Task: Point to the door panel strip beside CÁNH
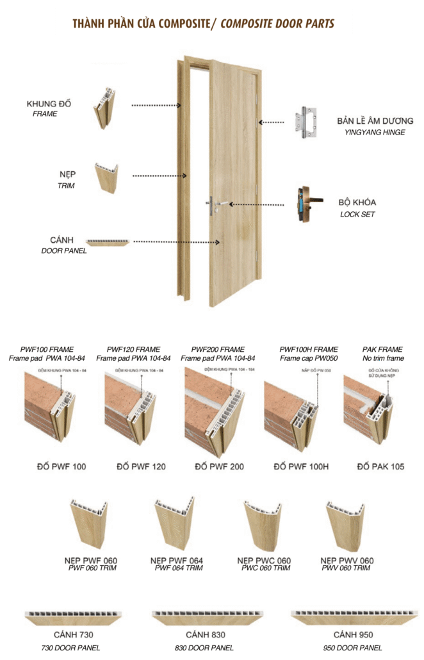(x=108, y=242)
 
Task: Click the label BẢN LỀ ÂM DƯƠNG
(x=375, y=121)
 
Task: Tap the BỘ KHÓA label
(x=357, y=202)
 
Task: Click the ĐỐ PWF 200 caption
(x=218, y=466)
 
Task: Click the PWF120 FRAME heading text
(x=135, y=349)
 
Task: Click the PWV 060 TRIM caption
(x=346, y=568)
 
